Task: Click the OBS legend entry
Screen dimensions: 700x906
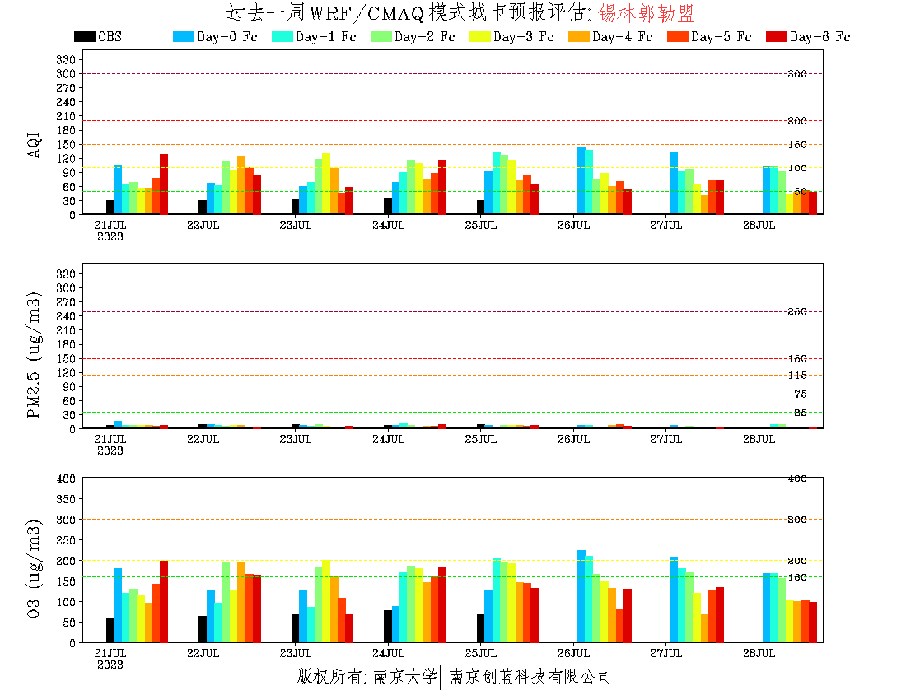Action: point(97,37)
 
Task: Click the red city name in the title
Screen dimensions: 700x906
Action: point(647,13)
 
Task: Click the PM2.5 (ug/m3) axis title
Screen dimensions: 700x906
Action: point(35,354)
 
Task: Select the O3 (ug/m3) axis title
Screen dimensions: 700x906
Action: point(35,568)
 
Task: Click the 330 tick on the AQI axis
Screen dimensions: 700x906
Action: point(66,59)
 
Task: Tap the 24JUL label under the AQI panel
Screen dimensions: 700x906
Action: point(388,225)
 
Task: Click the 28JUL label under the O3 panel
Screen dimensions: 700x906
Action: point(759,653)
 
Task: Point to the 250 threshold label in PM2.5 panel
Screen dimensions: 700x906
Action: point(796,312)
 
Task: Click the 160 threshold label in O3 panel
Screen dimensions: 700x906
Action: point(796,576)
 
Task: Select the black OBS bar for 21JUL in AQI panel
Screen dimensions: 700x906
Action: point(110,208)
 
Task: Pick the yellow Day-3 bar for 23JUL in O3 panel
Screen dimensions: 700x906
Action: point(326,601)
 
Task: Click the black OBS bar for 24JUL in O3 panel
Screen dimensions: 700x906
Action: point(388,626)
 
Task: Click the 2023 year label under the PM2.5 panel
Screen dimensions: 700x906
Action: point(110,450)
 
